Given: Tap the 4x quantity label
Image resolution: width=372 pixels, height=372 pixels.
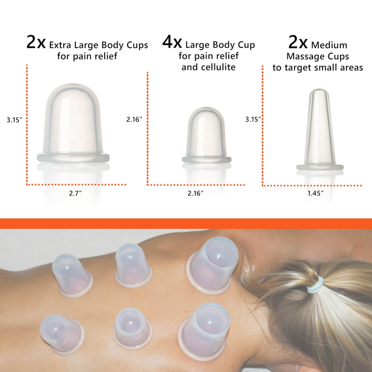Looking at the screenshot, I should click(172, 44).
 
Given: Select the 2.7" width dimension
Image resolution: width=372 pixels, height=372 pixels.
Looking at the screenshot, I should click(73, 193).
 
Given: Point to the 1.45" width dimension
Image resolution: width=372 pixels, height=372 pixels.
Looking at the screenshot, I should click(316, 193).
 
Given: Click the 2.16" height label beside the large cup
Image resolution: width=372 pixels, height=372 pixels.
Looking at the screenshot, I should click(134, 119).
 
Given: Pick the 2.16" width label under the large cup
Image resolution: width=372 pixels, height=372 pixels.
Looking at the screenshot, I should click(196, 193).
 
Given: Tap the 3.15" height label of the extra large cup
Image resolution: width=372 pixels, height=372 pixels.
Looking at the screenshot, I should click(15, 120).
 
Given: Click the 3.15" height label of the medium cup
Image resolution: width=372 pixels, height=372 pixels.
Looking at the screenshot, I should click(253, 119).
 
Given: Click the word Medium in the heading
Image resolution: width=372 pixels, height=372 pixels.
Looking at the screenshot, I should click(330, 45).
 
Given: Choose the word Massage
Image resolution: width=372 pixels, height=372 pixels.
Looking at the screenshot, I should click(300, 57).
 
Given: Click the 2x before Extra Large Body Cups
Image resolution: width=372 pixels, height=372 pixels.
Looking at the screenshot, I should click(36, 43).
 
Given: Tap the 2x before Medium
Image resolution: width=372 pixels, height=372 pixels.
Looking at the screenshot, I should click(299, 43).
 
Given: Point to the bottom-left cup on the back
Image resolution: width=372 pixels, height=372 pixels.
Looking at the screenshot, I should click(61, 332).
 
